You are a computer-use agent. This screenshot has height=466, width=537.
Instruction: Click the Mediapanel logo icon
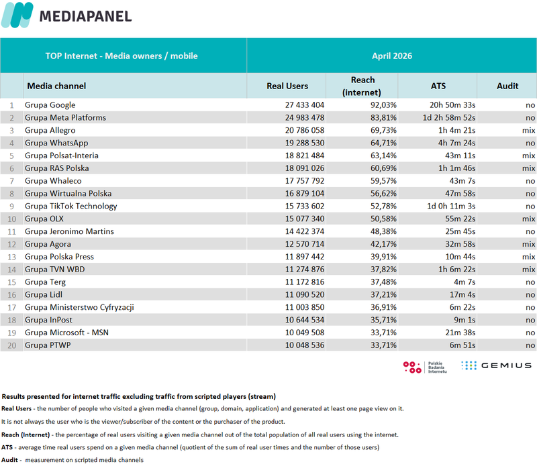pos(17,15)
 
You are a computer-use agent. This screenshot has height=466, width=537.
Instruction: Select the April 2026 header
pos(392,56)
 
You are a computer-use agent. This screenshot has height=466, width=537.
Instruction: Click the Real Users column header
pos(287,86)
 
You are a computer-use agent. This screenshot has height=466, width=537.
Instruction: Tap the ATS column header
pos(438,86)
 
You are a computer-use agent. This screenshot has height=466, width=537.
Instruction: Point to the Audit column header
pos(507,86)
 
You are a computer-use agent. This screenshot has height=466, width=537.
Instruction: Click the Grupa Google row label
pos(50,105)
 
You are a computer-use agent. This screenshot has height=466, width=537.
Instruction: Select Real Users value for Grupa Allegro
pos(305,130)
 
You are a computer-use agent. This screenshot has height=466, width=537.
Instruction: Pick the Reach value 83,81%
pos(383,118)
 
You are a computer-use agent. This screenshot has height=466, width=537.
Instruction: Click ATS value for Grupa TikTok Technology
pos(450,207)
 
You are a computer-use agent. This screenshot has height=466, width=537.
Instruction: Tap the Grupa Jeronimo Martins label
pos(69,231)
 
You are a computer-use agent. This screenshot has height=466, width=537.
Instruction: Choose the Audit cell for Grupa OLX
pos(528,219)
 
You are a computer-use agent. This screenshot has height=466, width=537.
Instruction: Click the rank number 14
pos(11,270)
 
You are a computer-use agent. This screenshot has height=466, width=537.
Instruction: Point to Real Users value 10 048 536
pos(305,345)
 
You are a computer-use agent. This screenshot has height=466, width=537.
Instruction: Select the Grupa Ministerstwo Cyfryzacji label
pos(79,308)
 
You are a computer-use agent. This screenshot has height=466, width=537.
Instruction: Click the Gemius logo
pos(496,365)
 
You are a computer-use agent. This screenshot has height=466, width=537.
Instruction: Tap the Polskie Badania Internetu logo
pos(425,367)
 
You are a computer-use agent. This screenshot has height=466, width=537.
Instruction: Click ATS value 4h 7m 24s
pos(456,143)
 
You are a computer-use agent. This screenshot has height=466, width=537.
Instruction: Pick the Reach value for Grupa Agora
pos(383,244)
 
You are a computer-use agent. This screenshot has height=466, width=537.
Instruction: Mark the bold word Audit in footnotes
pos(9,460)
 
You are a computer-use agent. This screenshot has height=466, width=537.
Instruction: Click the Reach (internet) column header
pos(362,86)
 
